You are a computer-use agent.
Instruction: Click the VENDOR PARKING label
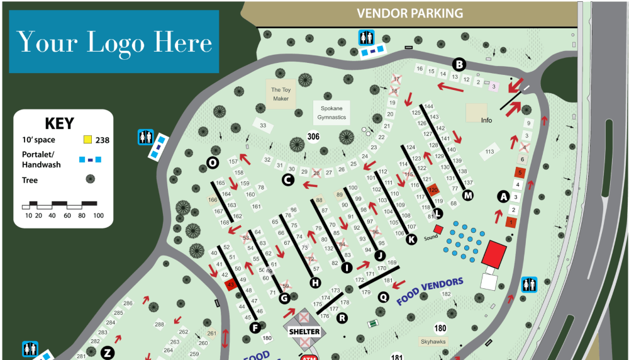click(409, 13)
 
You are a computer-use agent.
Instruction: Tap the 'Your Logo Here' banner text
click(114, 42)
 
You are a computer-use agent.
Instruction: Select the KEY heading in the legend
click(59, 123)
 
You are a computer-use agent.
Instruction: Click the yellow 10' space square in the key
click(88, 139)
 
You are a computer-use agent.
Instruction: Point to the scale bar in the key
click(60, 205)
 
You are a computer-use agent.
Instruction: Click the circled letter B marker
click(460, 64)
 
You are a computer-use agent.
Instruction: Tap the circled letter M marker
click(467, 195)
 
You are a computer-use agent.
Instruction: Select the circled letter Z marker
click(108, 352)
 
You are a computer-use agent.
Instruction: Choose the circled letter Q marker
click(382, 295)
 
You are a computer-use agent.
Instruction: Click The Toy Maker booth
click(281, 94)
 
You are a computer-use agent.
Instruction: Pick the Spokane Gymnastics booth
click(331, 113)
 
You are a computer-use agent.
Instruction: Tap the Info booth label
click(486, 120)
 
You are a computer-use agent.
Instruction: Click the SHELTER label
click(304, 331)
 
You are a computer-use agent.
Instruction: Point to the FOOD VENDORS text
click(430, 291)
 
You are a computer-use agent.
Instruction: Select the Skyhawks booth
click(435, 341)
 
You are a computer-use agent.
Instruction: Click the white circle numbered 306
click(313, 136)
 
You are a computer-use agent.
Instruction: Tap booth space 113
click(491, 152)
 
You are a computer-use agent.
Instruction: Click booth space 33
click(264, 126)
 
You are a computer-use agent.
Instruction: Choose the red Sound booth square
click(438, 228)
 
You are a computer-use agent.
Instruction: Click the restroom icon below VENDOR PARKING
click(366, 38)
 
